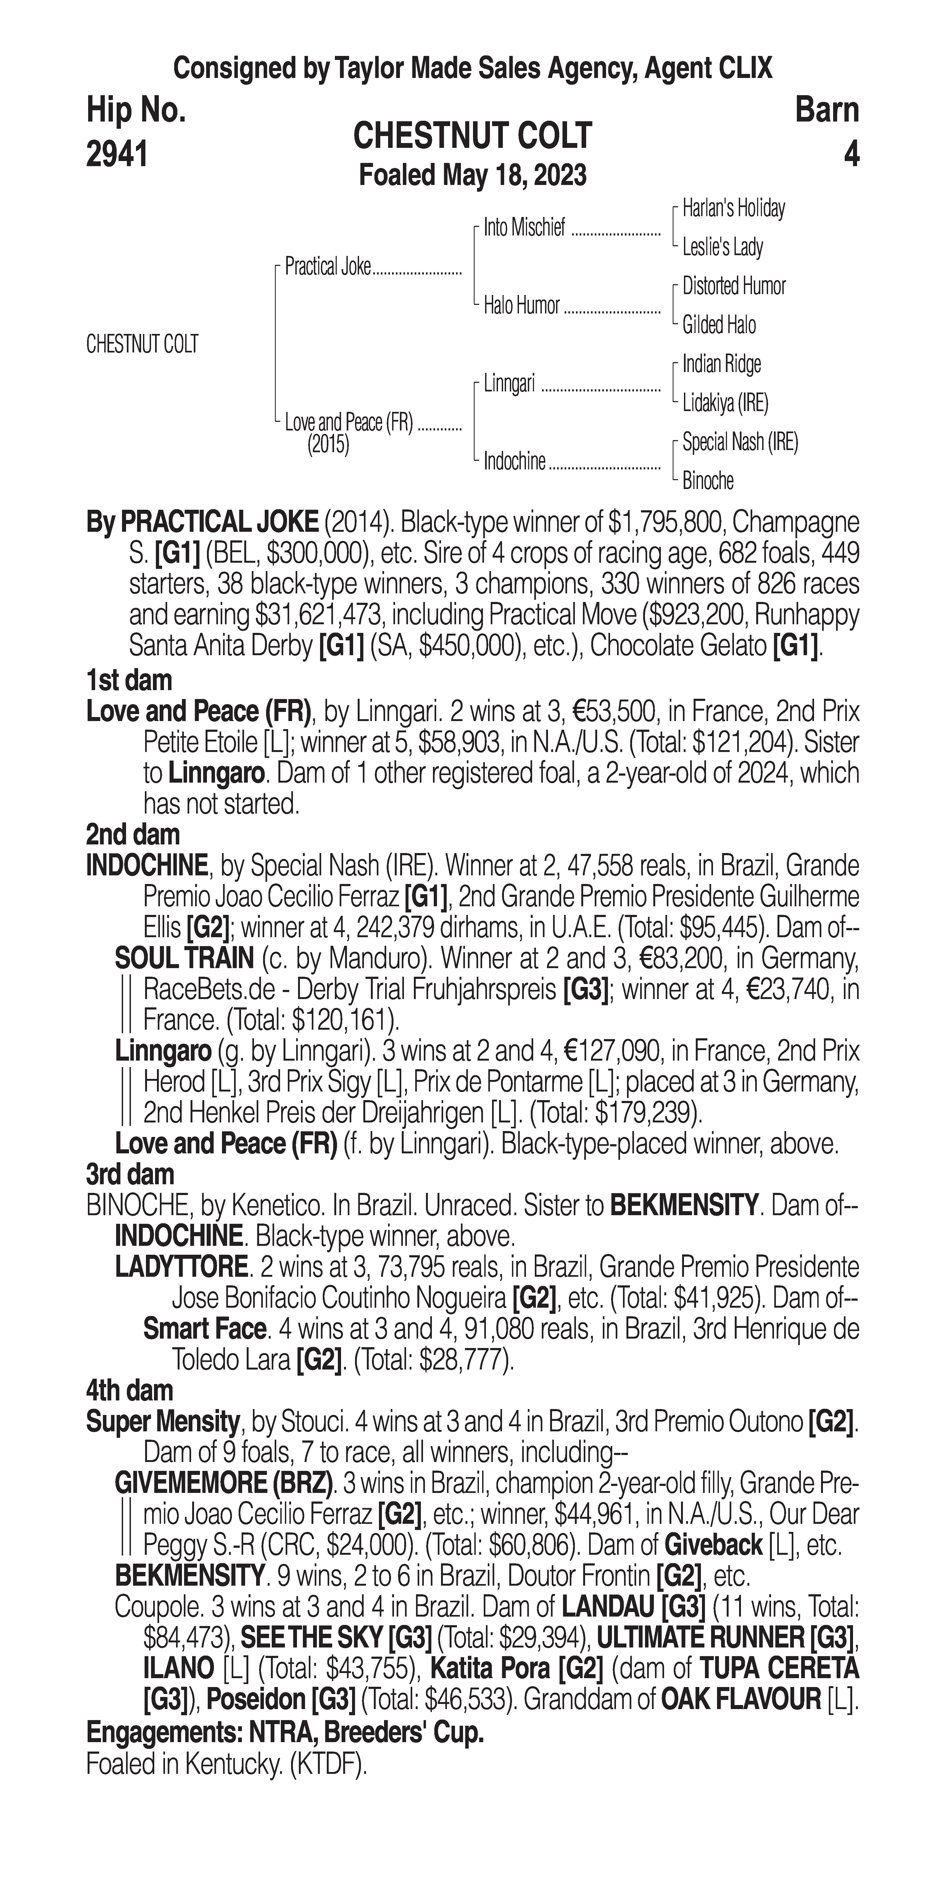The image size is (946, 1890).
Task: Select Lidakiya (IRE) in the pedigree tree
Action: (725, 403)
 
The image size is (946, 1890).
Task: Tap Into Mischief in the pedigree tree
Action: (524, 228)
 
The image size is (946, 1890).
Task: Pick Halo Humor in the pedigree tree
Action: (521, 306)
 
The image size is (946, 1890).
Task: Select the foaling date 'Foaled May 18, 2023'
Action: (472, 175)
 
